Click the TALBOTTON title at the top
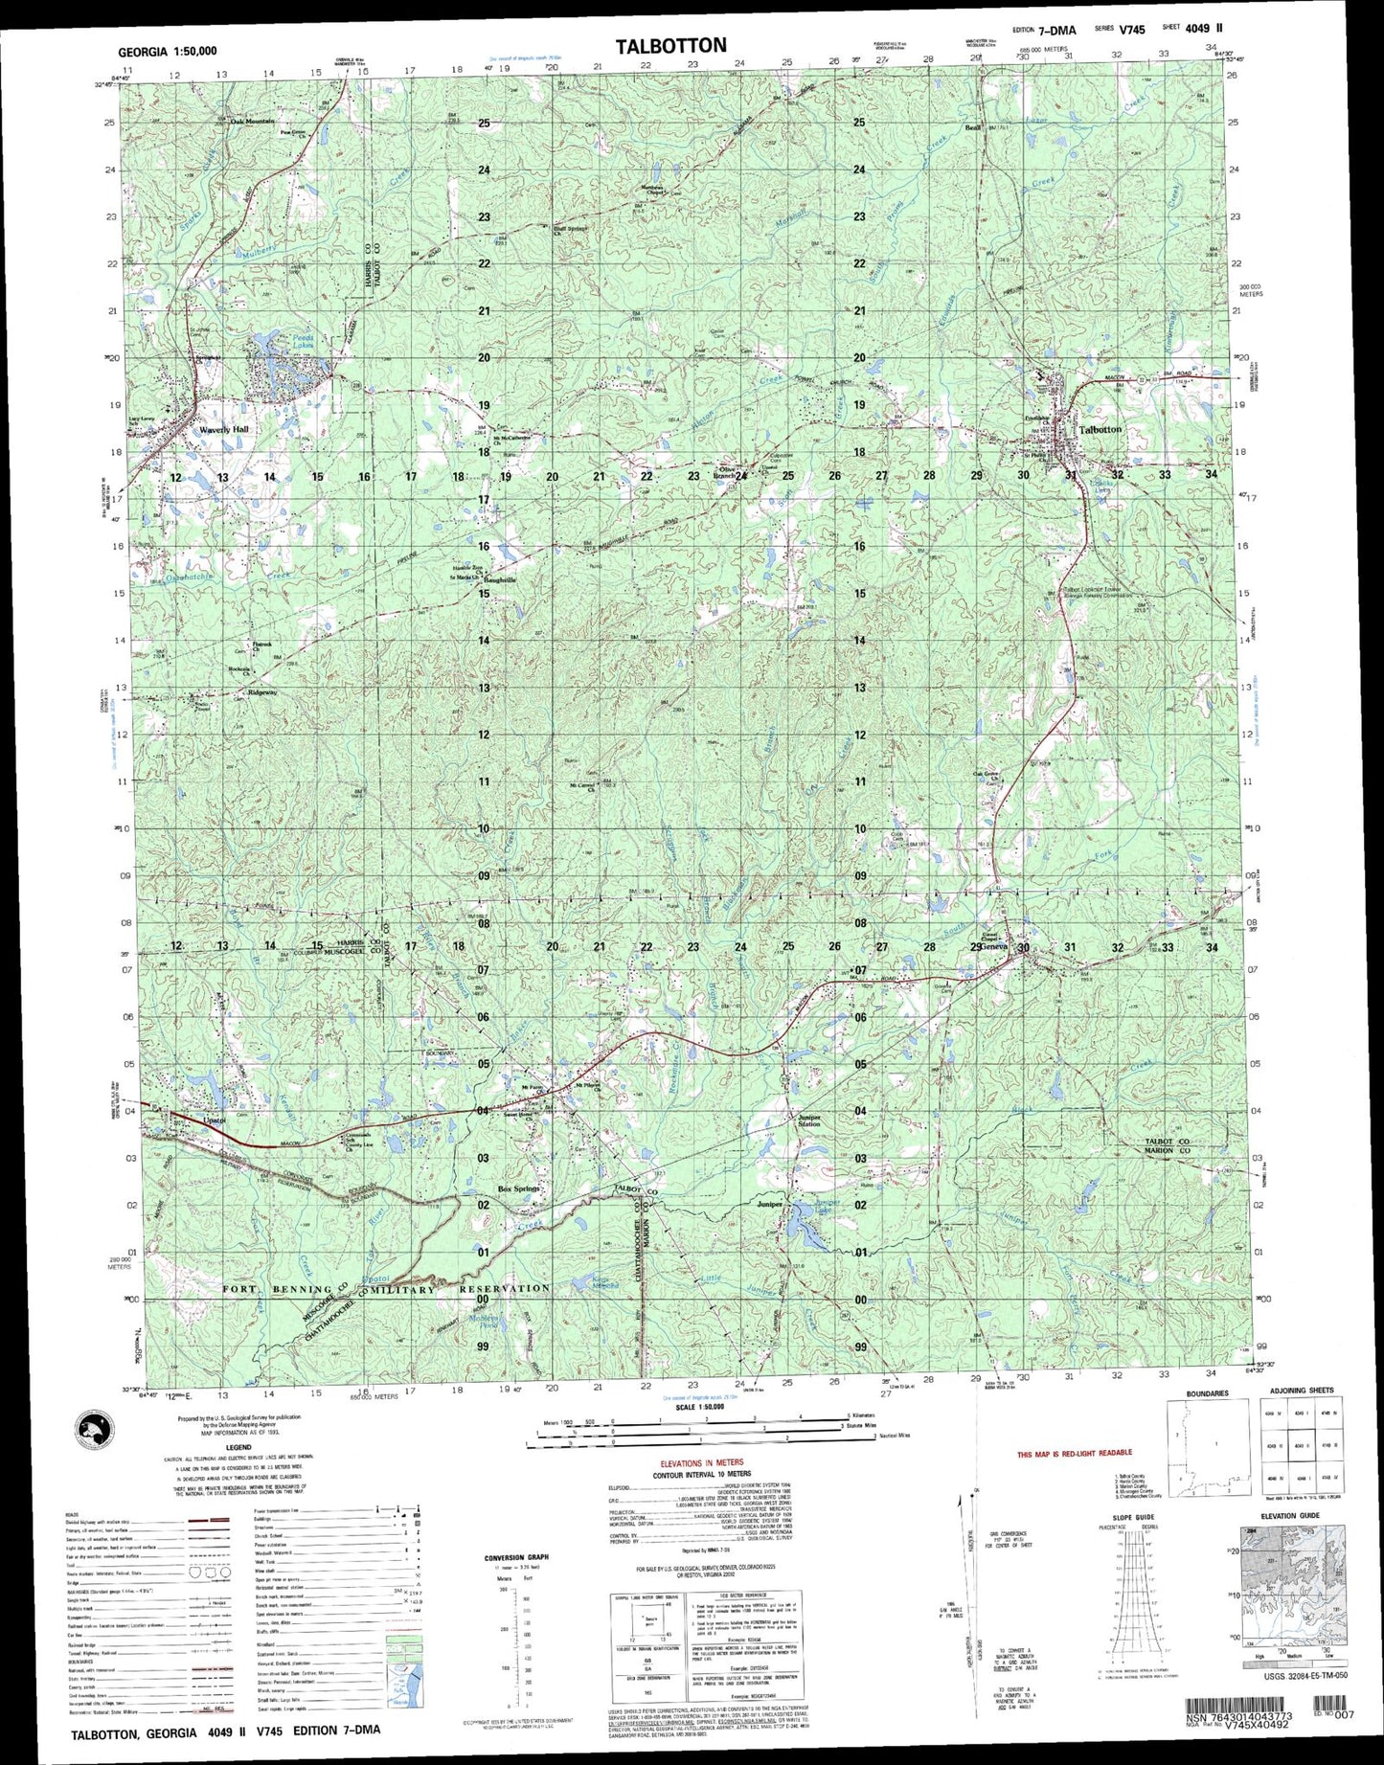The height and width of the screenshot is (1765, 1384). pos(670,45)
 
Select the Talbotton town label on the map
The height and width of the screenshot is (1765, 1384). pos(1100,430)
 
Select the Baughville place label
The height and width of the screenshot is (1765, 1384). pos(499,580)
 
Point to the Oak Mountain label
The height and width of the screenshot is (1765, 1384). pos(251,122)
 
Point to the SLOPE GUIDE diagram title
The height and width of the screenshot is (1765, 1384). pos(1132,1517)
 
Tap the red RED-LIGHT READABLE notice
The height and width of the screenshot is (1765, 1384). pos(1074,1455)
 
